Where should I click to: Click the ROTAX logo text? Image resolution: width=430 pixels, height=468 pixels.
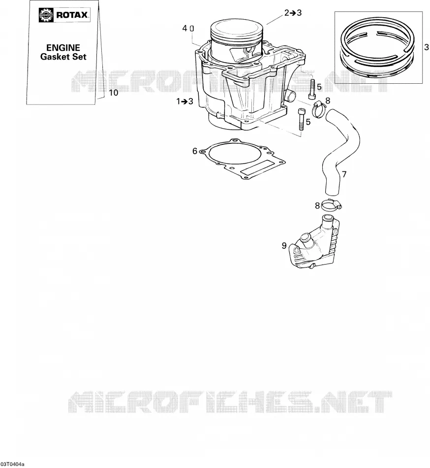72,15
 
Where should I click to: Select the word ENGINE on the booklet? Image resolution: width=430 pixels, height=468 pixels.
63,48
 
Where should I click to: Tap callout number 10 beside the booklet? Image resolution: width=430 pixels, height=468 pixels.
114,93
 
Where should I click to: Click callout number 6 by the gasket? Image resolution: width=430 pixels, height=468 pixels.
195,151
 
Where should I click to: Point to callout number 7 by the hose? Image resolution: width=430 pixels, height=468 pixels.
344,174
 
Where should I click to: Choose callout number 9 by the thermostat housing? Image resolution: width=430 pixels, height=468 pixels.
284,245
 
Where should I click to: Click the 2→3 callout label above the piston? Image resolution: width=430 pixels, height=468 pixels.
293,13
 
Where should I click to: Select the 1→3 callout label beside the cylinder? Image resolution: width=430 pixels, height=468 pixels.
185,101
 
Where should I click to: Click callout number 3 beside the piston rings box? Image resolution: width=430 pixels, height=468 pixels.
427,47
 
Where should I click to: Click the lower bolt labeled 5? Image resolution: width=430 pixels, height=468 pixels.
301,119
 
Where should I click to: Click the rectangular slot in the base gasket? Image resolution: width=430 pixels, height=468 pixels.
257,169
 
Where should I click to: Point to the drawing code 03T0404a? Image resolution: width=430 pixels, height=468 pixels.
12,465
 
